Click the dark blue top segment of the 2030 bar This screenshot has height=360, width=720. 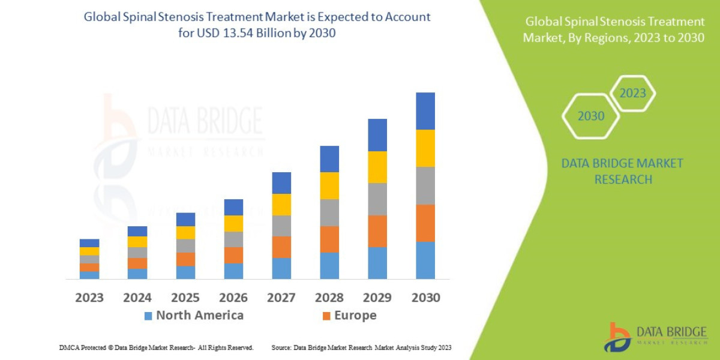425,111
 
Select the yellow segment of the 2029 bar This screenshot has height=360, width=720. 377,167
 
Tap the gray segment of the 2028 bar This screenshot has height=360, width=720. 329,212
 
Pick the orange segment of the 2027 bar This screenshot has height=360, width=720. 281,247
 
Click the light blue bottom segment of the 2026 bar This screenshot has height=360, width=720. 233,271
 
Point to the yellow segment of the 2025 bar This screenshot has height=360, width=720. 185,233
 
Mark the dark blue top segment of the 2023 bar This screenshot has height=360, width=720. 89,243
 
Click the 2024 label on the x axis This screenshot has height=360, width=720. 137,298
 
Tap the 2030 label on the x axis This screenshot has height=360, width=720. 425,298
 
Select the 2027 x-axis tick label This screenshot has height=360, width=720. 281,298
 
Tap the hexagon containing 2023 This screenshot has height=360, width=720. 632,94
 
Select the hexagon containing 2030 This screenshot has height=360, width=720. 590,116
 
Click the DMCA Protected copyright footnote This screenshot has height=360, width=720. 157,347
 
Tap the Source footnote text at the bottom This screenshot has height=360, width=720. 361,347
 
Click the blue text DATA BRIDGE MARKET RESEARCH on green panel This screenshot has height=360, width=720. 623,171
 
